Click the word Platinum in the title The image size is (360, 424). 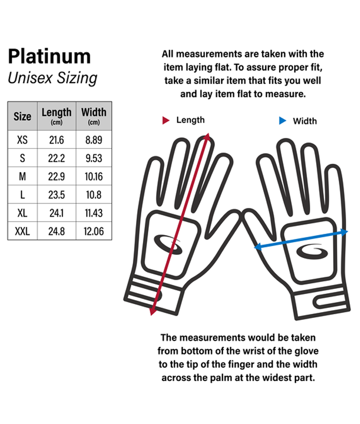tap(49, 56)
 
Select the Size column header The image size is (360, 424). tap(22, 116)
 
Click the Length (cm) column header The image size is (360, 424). tap(57, 116)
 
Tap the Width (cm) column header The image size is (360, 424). tap(94, 116)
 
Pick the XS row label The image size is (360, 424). tap(22, 140)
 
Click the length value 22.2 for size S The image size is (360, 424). tap(57, 158)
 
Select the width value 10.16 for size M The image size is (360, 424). tap(94, 176)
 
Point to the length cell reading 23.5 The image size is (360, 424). tap(57, 195)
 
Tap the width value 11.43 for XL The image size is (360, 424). tap(94, 213)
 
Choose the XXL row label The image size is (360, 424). tap(22, 232)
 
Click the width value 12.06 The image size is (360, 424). tap(94, 232)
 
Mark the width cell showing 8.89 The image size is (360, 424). tap(94, 140)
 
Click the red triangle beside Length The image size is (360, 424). tap(166, 120)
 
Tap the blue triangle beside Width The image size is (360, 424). tap(282, 121)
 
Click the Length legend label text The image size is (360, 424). tap(191, 120)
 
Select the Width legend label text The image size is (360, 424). tap(305, 121)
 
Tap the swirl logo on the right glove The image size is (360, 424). tap(312, 252)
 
